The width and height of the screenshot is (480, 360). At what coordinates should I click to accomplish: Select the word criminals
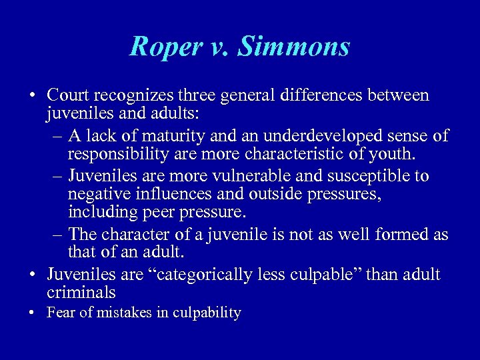tap(81, 293)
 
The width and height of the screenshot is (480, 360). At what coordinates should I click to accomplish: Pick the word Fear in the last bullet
tap(59, 313)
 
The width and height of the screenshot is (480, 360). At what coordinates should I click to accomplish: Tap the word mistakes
tap(116, 313)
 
